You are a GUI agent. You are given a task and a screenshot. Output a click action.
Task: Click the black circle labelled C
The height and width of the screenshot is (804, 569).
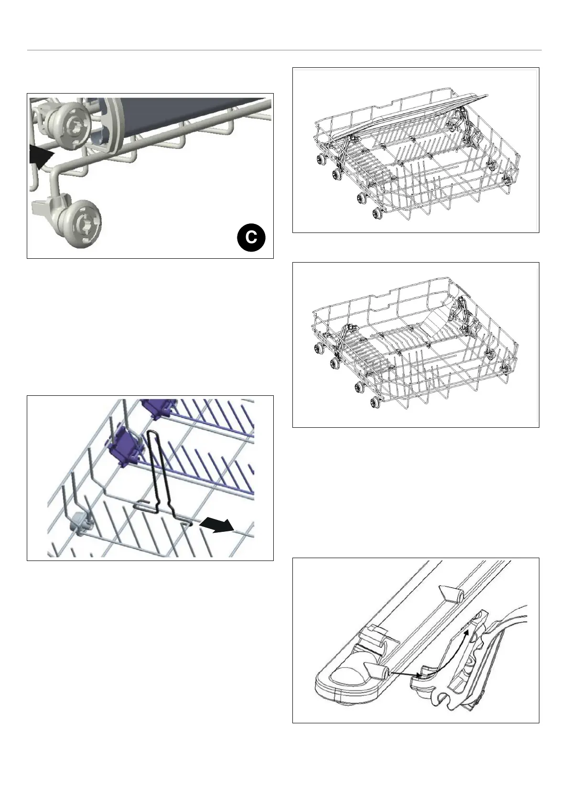(250, 237)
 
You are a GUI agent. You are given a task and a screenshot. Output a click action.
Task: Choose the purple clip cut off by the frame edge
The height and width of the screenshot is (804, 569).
(158, 407)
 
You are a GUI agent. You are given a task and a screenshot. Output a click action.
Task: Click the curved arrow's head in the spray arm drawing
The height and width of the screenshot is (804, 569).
(467, 632)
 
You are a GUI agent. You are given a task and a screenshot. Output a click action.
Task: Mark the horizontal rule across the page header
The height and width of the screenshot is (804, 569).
(284, 50)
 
